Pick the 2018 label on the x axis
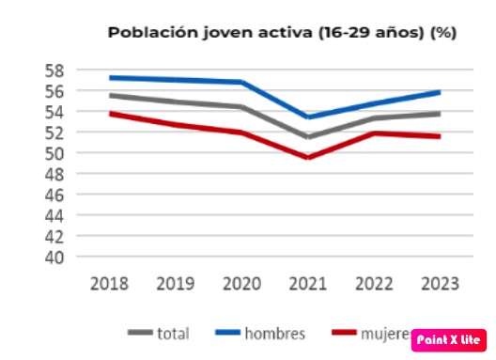point(110,282)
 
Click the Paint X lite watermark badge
point(447,339)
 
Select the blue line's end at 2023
point(440,92)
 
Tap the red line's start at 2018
point(111,114)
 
